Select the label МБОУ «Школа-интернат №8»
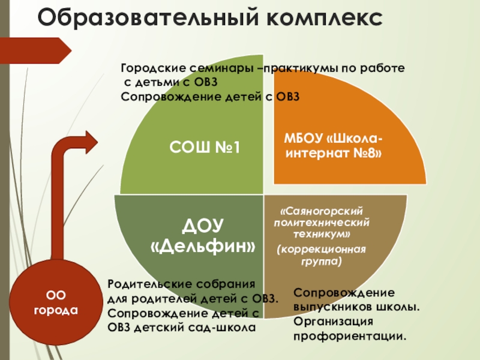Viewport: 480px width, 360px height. (x=335, y=146)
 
